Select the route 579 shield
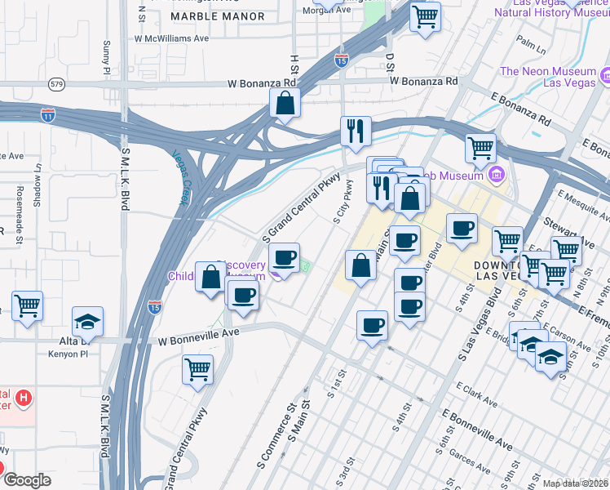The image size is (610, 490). [56, 83]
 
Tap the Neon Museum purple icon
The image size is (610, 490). [605, 77]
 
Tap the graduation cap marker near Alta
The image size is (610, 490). [88, 321]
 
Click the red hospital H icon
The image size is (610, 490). [24, 399]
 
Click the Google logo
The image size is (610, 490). [27, 480]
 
